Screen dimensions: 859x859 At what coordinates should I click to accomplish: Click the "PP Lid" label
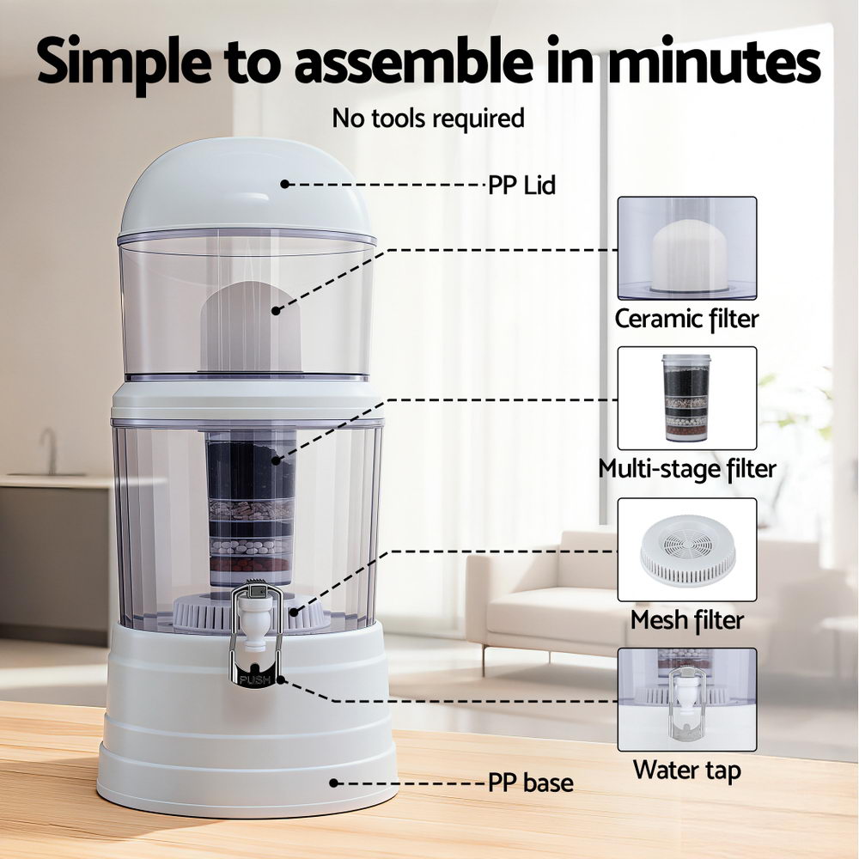[521, 185]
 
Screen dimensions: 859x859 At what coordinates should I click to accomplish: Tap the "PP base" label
[530, 783]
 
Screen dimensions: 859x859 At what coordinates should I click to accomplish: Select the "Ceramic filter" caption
[686, 320]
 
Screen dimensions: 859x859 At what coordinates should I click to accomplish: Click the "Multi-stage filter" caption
[686, 469]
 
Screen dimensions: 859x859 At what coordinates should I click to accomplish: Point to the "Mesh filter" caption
[686, 619]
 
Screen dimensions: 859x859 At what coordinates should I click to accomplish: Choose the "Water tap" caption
[686, 769]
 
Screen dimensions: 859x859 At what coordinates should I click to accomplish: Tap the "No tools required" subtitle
[428, 118]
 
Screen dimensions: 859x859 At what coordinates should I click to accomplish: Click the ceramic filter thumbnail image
[687, 248]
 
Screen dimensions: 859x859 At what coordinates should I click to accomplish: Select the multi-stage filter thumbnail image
[687, 398]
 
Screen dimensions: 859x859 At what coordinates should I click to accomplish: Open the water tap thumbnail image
[687, 699]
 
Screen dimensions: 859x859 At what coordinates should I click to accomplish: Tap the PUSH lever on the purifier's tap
[256, 679]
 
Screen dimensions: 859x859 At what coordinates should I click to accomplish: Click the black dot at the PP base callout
[334, 783]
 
